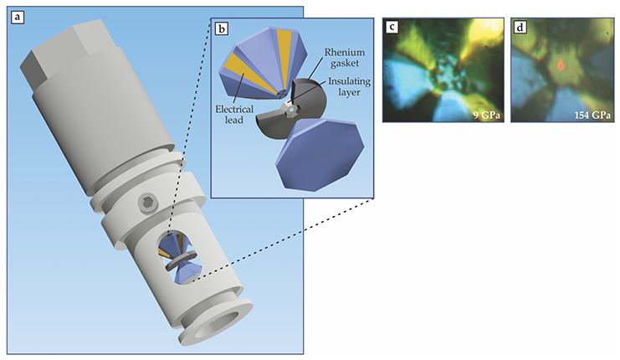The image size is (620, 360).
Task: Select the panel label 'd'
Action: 521,27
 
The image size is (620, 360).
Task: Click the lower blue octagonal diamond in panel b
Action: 321,155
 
